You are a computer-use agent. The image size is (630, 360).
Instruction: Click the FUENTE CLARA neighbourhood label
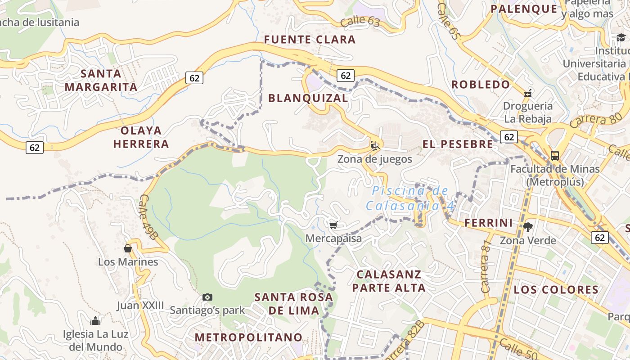310,40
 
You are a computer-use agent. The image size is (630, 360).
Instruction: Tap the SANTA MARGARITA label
101,80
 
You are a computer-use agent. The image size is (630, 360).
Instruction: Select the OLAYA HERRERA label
141,137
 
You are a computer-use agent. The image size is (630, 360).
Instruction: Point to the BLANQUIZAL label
308,98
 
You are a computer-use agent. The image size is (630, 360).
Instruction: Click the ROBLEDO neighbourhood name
481,85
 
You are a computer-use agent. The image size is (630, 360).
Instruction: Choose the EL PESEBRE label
458,144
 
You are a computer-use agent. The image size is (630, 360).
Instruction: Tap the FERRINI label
488,223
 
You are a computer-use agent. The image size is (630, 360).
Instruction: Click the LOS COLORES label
556,289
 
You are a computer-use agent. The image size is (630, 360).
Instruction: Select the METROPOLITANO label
248,337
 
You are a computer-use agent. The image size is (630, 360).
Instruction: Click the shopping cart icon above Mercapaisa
333,225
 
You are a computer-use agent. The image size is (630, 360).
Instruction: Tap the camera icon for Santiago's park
207,297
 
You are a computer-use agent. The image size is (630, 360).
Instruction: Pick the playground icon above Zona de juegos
374,145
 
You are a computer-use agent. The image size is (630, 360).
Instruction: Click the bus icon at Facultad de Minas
555,156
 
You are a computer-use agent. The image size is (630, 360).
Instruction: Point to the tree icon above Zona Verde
527,227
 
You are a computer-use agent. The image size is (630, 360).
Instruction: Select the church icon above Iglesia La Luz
95,321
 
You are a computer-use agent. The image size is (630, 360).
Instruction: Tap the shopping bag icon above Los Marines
128,248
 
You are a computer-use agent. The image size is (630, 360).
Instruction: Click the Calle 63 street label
360,21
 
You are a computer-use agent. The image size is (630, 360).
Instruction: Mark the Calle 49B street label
149,217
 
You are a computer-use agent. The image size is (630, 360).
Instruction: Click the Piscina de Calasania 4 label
410,198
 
